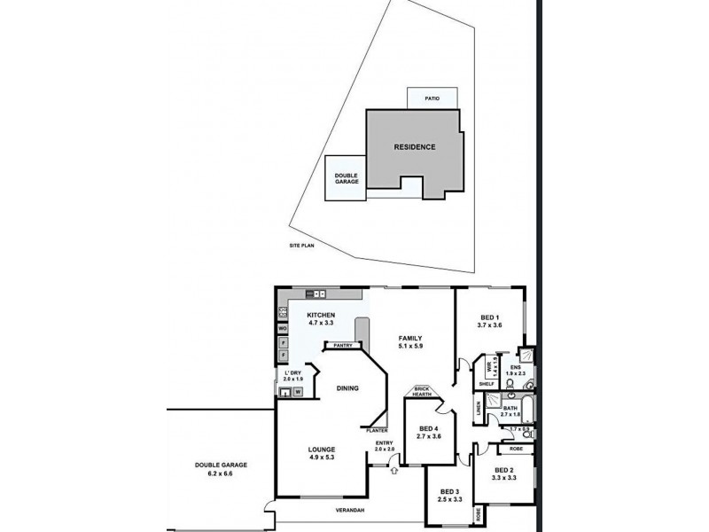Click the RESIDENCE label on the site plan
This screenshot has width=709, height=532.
pyautogui.click(x=415, y=147)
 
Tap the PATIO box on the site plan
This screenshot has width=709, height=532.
pyautogui.click(x=432, y=98)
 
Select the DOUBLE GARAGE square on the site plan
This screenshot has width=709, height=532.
pyautogui.click(x=347, y=178)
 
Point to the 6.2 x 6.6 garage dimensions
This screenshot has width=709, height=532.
pyautogui.click(x=222, y=473)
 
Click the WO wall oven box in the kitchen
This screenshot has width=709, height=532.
pyautogui.click(x=282, y=327)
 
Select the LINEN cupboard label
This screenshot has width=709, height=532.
pyautogui.click(x=479, y=408)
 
